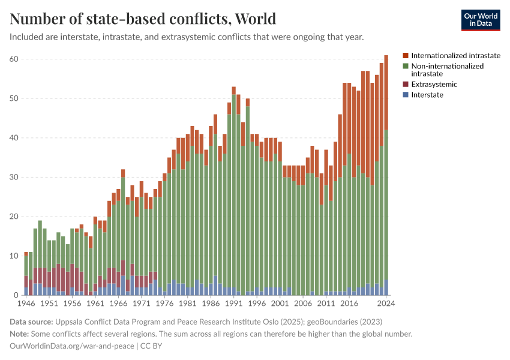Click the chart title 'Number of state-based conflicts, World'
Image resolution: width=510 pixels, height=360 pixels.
tap(143, 19)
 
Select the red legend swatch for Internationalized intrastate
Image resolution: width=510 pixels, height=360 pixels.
tap(406, 55)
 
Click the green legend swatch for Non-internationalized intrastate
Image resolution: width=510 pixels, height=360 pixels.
tap(406, 66)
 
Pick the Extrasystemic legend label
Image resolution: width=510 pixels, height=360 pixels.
tap(434, 84)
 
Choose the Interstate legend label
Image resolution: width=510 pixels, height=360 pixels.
tap(427, 95)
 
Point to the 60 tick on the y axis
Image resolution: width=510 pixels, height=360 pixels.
tap(14, 59)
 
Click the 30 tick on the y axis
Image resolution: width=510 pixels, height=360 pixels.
tap(14, 177)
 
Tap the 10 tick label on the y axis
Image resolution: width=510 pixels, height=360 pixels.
tap(14, 256)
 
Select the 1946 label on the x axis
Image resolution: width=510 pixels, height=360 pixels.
tap(26, 304)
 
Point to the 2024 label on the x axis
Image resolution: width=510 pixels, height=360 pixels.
tap(385, 304)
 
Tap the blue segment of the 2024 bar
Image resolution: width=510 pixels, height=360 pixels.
tap(386, 287)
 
